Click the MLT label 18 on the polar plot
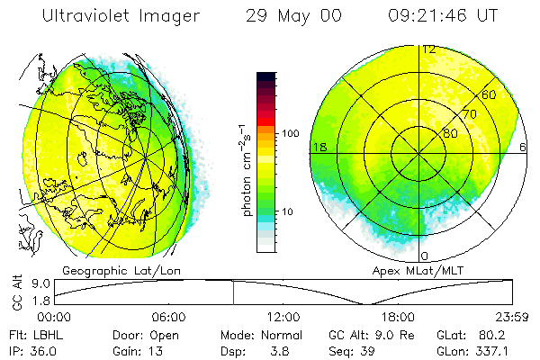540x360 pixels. click(318, 147)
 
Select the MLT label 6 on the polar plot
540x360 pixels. click(523, 147)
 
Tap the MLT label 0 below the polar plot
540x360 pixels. click(425, 256)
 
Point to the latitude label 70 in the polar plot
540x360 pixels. click(468, 114)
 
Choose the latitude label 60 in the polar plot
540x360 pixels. click(490, 94)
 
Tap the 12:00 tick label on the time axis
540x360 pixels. click(283, 317)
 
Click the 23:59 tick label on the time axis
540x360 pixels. click(511, 317)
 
